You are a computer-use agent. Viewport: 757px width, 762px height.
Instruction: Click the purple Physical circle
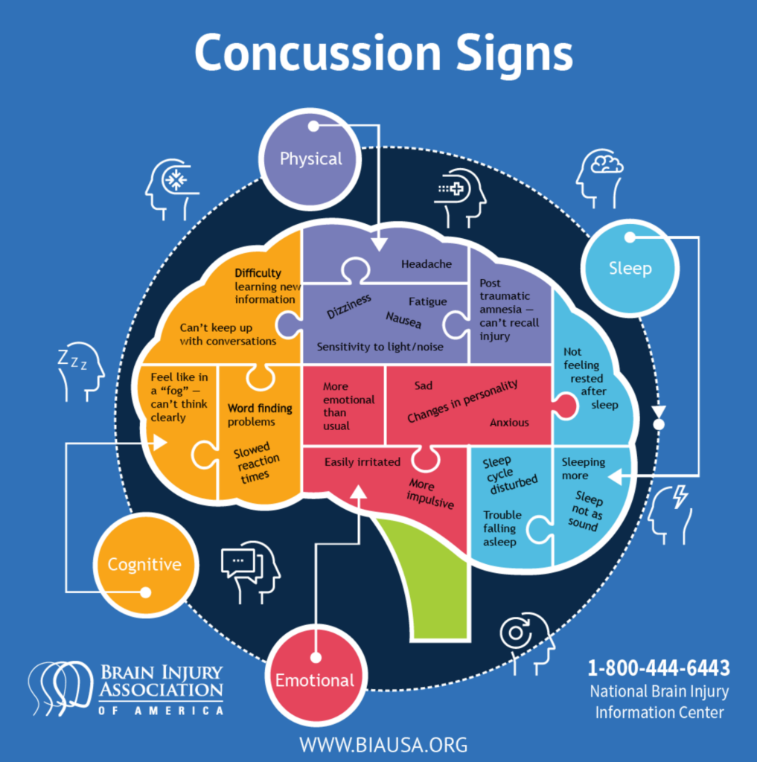coord(310,159)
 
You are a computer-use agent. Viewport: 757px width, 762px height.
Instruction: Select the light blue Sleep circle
coord(630,268)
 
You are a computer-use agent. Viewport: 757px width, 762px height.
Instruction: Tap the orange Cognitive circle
coord(144,564)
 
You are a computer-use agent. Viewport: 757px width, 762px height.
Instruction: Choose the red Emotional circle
coord(315,680)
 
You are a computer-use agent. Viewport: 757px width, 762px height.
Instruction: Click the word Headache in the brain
coord(427,264)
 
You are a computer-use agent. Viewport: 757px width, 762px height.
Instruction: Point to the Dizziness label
coord(348,306)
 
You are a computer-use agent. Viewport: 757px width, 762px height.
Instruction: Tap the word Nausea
coord(403,320)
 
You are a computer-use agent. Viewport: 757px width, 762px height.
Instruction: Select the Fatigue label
coord(427,301)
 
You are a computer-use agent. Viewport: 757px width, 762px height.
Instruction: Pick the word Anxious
coord(509,423)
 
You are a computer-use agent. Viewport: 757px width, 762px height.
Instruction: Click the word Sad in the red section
coord(423,386)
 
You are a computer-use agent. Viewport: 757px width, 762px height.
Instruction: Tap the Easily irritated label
coord(362,462)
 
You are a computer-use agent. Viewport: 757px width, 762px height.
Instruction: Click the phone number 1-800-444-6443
coord(658,667)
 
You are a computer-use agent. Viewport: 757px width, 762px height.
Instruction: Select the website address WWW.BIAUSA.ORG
coord(383,743)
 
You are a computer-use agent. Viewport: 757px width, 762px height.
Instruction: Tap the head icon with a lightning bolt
coord(670,513)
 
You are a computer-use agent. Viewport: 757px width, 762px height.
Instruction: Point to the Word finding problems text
coord(259,415)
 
